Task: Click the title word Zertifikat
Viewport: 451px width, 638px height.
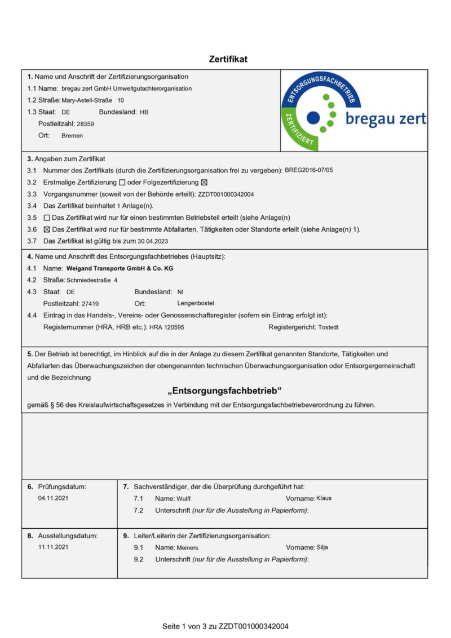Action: click(228, 59)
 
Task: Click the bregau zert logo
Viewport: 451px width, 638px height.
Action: click(353, 111)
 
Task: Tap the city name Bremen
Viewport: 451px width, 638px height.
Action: click(72, 136)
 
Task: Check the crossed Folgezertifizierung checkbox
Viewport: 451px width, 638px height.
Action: click(205, 183)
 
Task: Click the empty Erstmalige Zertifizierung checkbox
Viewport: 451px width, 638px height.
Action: click(122, 183)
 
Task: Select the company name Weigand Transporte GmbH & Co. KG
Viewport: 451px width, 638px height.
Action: click(120, 268)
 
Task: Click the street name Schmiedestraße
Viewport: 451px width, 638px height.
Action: click(89, 280)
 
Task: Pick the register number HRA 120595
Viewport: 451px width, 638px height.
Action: click(167, 327)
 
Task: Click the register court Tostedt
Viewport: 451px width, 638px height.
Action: click(329, 327)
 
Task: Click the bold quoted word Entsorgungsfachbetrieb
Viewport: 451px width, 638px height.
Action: click(224, 391)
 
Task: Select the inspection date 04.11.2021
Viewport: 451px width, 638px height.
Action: click(54, 498)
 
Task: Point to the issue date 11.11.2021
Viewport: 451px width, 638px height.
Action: click(54, 547)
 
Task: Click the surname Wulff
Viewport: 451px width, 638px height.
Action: click(184, 499)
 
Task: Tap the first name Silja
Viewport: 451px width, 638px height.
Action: click(322, 547)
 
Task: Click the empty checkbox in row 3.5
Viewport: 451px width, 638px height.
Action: click(47, 218)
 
